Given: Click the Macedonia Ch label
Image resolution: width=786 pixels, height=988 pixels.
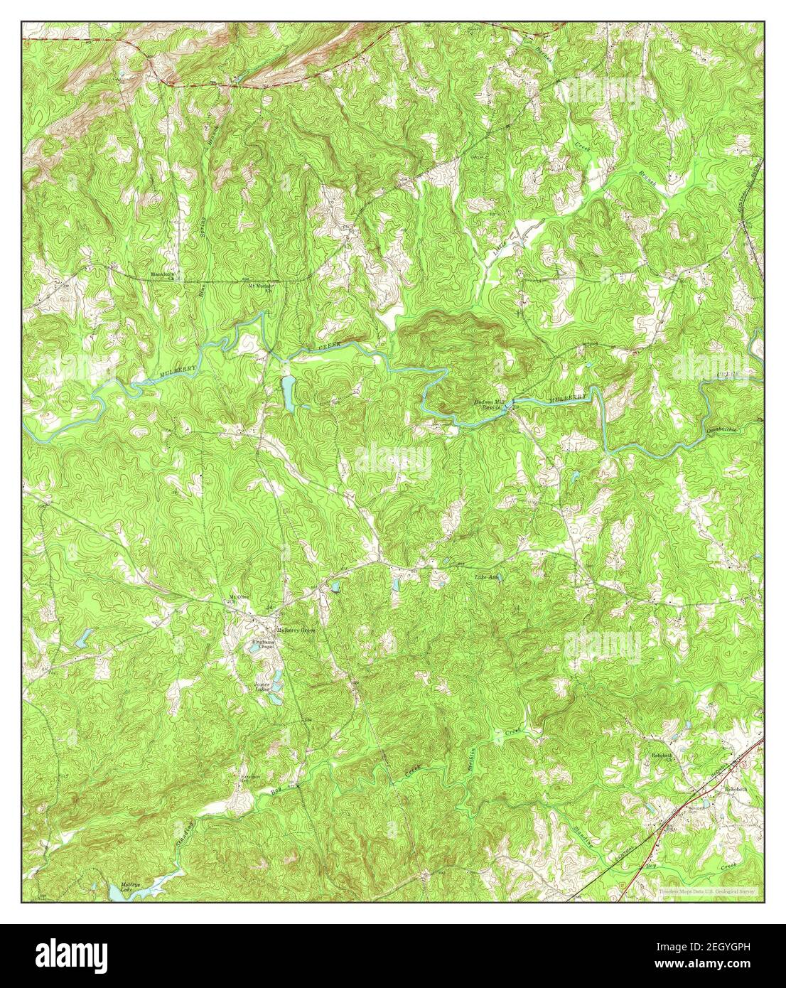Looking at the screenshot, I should click(x=162, y=275).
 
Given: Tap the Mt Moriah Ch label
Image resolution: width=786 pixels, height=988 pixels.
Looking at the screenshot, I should click(x=261, y=288).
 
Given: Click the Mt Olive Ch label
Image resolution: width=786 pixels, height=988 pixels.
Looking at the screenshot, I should click(x=235, y=598).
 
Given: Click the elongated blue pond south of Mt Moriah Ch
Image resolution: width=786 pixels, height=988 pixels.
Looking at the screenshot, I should click(x=288, y=392).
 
